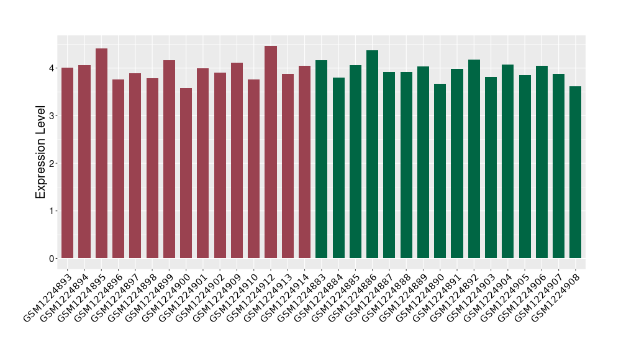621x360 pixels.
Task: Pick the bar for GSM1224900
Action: coord(186,173)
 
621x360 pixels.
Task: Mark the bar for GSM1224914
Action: coord(304,162)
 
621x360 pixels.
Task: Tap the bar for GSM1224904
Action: coord(508,161)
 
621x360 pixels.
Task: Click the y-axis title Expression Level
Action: coord(41,151)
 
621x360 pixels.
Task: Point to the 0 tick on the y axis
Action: coord(53,259)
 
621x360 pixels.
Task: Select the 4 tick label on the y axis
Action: coord(53,68)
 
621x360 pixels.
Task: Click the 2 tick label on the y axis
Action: coord(53,163)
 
